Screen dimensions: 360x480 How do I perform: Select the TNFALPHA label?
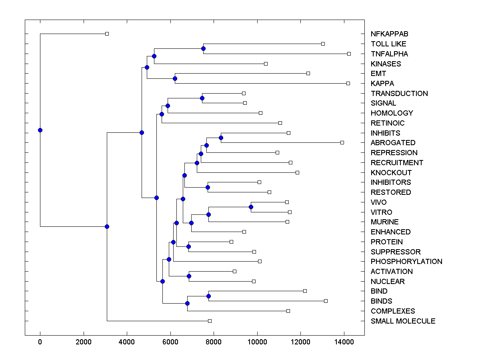389,54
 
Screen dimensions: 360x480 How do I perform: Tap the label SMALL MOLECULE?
403,321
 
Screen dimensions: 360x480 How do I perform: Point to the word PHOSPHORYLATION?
406,262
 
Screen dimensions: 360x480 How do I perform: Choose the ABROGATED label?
393,143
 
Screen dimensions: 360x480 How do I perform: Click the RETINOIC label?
388,123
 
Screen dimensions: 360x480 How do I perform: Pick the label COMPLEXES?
393,311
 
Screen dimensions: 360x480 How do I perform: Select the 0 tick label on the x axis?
40,342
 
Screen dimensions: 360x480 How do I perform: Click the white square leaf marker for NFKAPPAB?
107,34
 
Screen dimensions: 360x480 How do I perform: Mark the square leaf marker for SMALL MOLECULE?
210,321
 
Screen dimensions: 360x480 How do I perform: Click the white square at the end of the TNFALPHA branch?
349,54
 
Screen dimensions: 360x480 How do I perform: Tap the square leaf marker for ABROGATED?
342,142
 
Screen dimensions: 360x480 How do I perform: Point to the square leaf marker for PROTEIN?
231,242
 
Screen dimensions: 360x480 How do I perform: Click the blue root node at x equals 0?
40,130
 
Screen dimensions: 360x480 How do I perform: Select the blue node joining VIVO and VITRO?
251,207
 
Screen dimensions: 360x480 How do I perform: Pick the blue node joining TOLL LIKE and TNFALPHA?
203,48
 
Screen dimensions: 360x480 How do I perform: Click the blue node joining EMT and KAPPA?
175,78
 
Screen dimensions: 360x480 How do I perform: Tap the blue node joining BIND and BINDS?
208,296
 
